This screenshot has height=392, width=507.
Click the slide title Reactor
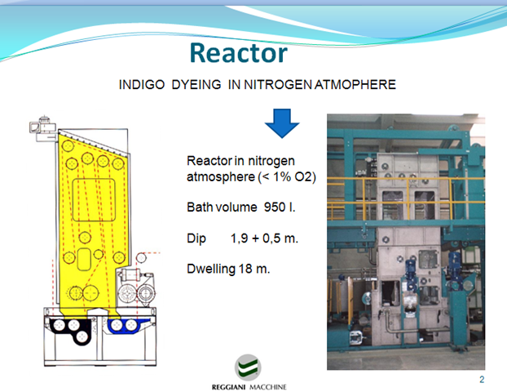click(238, 53)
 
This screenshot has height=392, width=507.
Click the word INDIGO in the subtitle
click(142, 85)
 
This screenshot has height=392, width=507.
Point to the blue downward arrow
click(282, 123)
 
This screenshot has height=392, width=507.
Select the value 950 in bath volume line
click(275, 207)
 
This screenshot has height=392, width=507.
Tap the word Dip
click(196, 238)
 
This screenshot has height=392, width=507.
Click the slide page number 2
click(482, 380)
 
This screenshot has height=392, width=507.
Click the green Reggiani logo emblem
click(248, 367)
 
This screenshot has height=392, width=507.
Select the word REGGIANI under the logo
click(228, 387)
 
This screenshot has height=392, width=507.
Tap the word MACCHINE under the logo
click(268, 387)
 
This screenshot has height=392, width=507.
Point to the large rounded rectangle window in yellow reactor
click(94, 200)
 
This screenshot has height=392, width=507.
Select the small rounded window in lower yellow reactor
click(84, 260)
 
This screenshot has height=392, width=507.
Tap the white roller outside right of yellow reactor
click(141, 258)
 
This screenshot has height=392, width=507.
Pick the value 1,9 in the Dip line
click(239, 238)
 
